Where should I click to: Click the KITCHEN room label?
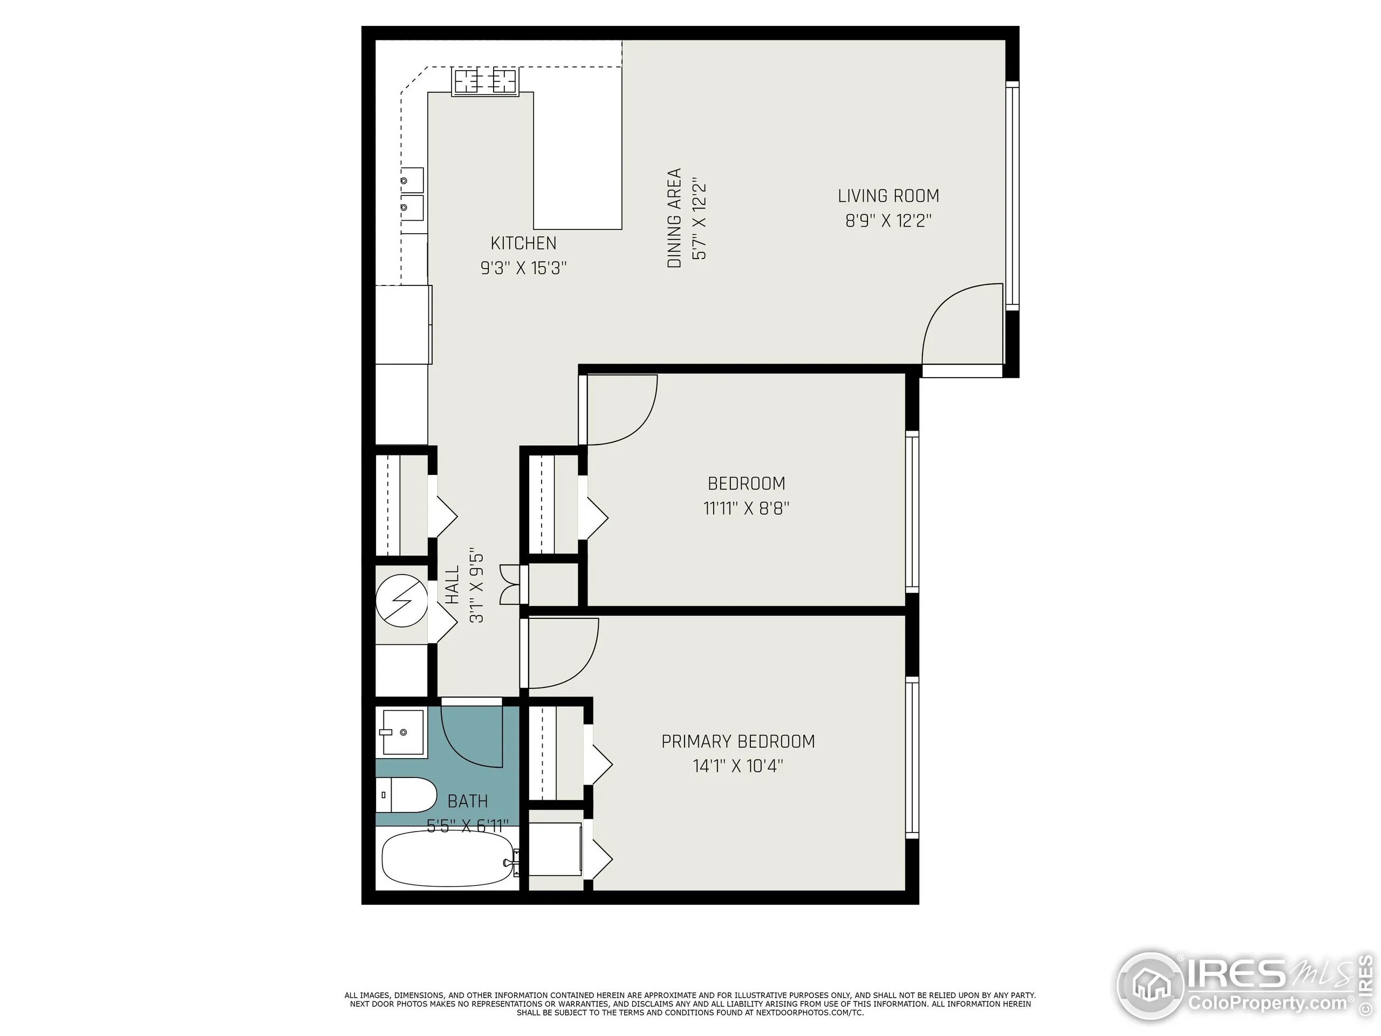pos(523,243)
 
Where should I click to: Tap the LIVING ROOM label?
pos(888,196)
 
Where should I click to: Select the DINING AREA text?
pos(674,218)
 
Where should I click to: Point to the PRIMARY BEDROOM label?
pos(738,741)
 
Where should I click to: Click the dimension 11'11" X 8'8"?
pos(746,508)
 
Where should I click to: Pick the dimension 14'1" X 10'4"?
pos(737,766)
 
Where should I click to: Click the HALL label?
pos(452,584)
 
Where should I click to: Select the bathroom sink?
pos(402,732)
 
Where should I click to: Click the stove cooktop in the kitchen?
pos(485,81)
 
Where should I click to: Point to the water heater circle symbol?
pos(401,600)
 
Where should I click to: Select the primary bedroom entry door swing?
pos(562,652)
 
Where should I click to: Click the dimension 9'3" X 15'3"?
pos(523,268)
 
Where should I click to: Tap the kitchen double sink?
pos(413,194)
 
